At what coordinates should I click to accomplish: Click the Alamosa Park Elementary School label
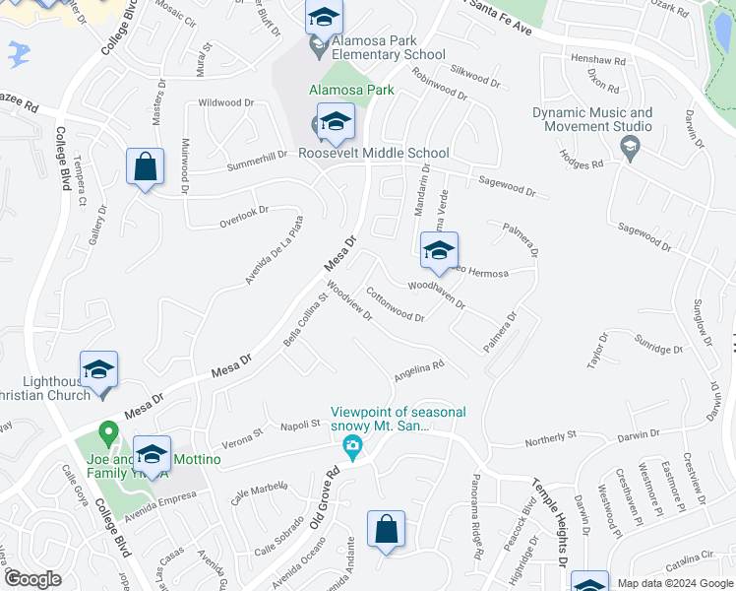point(389,47)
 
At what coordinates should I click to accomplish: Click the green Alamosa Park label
point(351,90)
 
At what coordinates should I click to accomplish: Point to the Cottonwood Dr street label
point(395,305)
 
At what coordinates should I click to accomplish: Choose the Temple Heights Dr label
point(548,521)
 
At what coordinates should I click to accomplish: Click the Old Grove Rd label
point(327,497)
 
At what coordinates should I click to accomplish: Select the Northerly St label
point(550,437)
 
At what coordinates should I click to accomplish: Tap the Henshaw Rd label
point(598,60)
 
